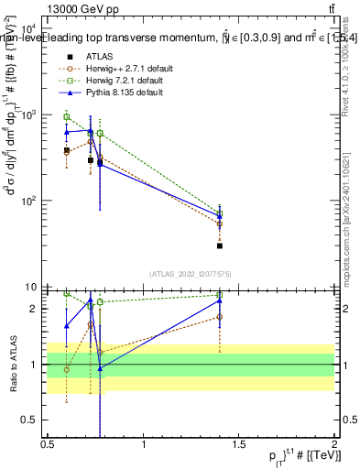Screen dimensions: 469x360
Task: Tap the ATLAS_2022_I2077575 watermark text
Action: pyautogui.click(x=191, y=274)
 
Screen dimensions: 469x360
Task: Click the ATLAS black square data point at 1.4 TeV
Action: pyautogui.click(x=220, y=245)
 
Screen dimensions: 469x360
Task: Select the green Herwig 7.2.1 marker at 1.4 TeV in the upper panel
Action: pyautogui.click(x=220, y=213)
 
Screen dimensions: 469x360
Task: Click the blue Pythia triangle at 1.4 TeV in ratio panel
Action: pyautogui.click(x=220, y=300)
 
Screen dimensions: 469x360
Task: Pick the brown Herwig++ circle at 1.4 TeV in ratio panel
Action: pyautogui.click(x=220, y=317)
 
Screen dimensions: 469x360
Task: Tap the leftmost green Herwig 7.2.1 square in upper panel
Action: pyautogui.click(x=67, y=117)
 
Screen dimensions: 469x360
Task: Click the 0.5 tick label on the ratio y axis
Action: pyautogui.click(x=29, y=420)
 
